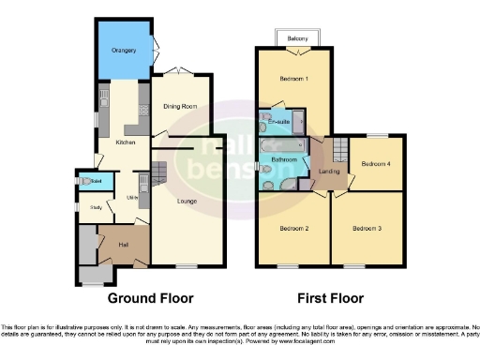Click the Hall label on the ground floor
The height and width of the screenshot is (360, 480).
(122, 245)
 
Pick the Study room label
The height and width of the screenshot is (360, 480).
(95, 208)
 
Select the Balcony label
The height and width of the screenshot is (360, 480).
(299, 38)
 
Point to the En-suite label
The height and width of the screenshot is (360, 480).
(277, 122)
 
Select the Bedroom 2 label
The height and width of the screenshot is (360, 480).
(293, 228)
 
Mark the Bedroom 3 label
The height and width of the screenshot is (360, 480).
(367, 228)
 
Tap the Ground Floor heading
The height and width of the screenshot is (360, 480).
(150, 298)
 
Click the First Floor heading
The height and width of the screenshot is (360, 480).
(330, 298)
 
